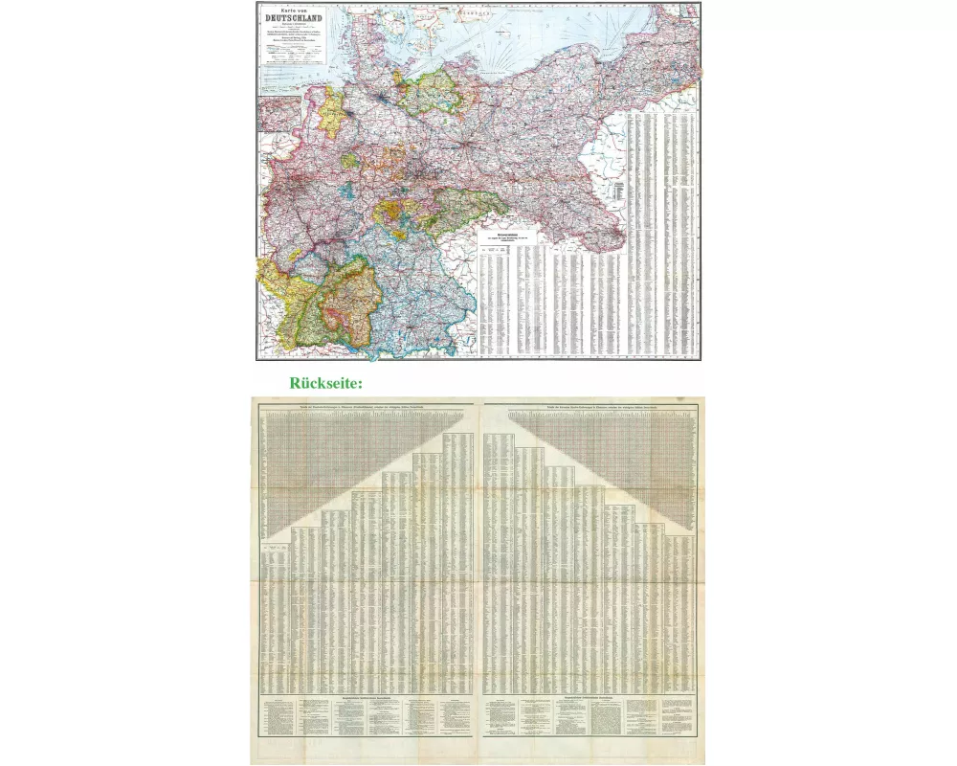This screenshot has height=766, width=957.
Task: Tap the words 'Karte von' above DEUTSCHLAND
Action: pos(295,10)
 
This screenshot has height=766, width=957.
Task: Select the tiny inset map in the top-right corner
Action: pos(690,11)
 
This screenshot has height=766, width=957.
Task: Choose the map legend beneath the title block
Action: pos(295,54)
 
